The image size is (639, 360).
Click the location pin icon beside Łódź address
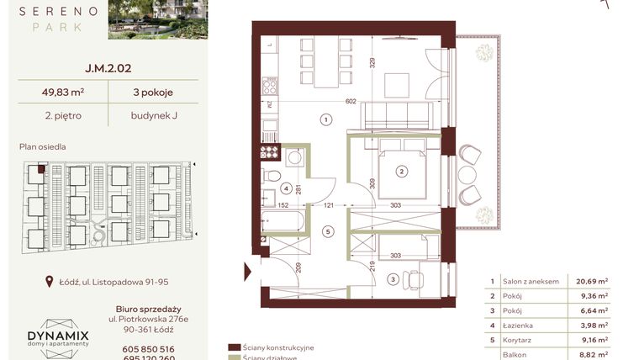50,283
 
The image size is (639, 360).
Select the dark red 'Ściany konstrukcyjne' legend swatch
235,347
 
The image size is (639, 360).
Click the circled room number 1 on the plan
325,120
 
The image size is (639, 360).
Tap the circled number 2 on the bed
402,172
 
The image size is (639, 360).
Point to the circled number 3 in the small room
392,279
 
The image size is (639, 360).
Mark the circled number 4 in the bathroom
286,188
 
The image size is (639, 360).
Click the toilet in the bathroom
269,177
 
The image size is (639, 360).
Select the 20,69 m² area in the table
591,282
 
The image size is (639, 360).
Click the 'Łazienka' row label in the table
516,325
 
